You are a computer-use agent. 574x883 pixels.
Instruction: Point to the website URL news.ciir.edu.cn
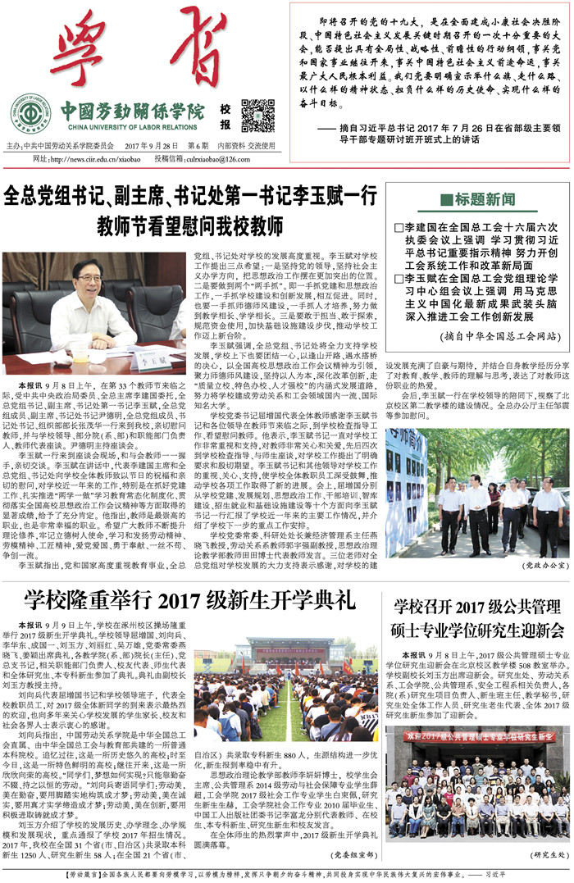click(89, 159)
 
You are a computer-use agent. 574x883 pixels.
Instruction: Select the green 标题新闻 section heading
click(478, 199)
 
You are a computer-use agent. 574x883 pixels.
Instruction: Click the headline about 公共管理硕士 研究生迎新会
click(479, 618)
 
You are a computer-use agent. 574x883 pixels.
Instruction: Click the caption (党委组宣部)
click(348, 853)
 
